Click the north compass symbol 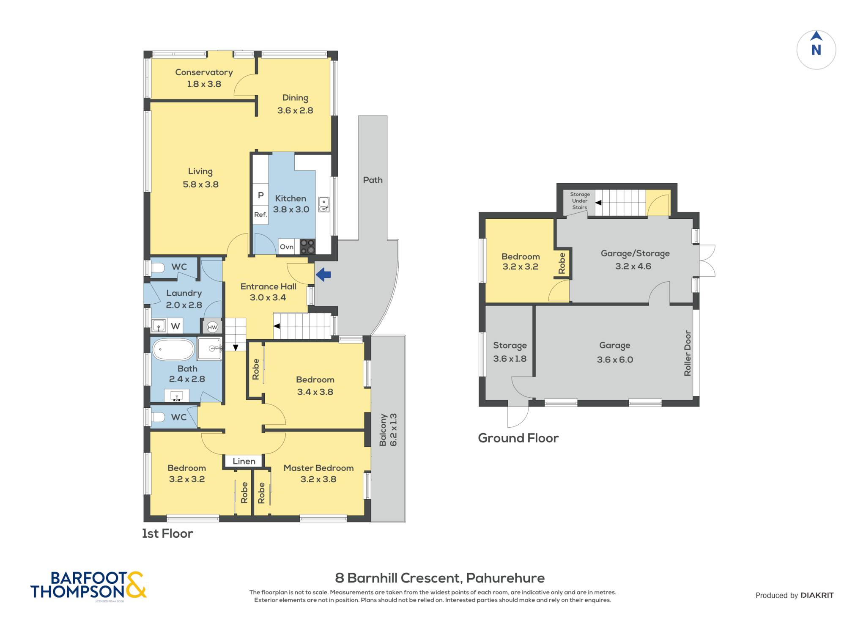click(816, 49)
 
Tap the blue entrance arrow click(323, 275)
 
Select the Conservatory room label click(204, 72)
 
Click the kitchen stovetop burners click(307, 247)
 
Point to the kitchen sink click(323, 204)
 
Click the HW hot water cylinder click(212, 327)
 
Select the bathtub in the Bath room click(173, 349)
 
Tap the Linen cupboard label click(244, 461)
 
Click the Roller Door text click(688, 353)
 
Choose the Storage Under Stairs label click(580, 201)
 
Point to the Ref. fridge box click(260, 214)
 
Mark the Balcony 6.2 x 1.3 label click(388, 430)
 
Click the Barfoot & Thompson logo click(88, 585)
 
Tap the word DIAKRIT click(817, 595)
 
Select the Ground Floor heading click(518, 438)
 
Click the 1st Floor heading click(167, 533)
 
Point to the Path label click(373, 180)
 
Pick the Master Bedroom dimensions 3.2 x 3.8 click(318, 479)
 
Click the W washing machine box click(175, 326)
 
